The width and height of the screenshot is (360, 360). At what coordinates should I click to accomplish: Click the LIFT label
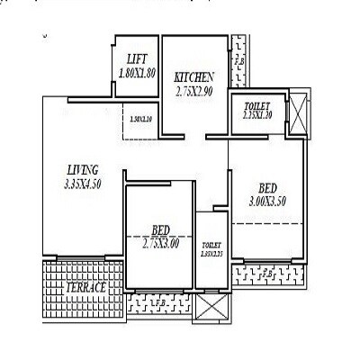click(x=137, y=58)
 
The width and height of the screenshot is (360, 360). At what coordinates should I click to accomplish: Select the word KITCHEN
click(x=193, y=77)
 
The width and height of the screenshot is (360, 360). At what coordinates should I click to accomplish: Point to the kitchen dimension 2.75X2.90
click(x=193, y=91)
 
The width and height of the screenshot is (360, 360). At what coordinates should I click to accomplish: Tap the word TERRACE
click(x=86, y=287)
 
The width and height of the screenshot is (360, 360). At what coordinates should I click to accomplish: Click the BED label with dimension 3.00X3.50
click(x=267, y=188)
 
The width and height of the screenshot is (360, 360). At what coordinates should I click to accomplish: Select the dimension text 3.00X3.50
click(x=267, y=202)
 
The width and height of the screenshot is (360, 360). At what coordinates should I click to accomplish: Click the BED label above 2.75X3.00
click(x=161, y=229)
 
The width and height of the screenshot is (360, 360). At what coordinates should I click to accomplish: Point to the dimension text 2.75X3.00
click(x=161, y=243)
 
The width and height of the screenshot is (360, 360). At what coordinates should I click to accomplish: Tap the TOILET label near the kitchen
click(x=257, y=107)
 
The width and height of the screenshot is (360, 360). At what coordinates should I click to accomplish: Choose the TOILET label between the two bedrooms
click(x=211, y=244)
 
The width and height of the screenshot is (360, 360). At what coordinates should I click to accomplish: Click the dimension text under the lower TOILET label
click(x=211, y=255)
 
